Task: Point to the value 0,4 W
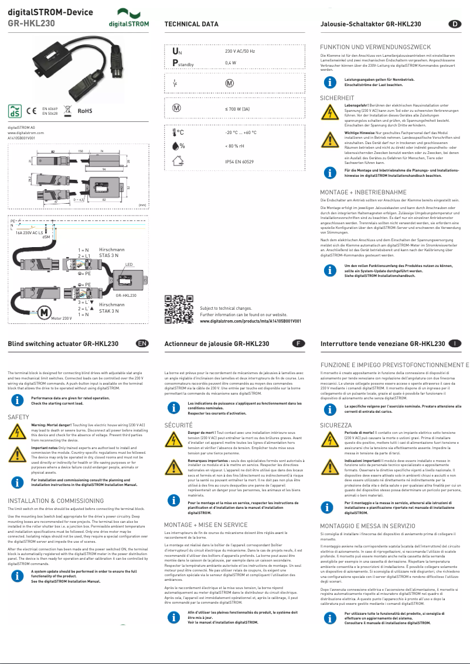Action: point(230,62)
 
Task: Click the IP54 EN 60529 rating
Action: point(239,160)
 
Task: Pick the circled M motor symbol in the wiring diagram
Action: point(43,313)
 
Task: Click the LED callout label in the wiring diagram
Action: point(130,265)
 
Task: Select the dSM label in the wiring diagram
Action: point(46,237)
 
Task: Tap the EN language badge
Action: point(142,343)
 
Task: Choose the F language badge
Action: point(298,343)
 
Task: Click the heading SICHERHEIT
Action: point(337,98)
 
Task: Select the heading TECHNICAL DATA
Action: point(191,24)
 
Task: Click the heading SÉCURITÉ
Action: point(179,424)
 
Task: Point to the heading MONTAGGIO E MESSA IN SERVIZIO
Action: point(368,526)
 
